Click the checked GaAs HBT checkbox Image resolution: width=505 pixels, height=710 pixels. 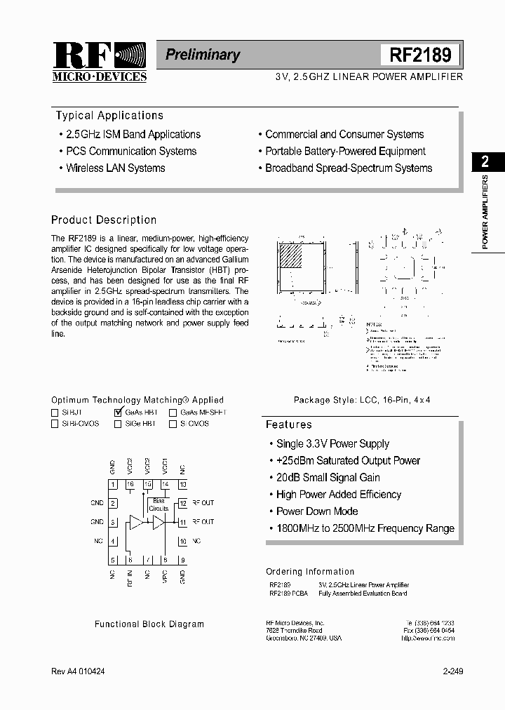[x=118, y=413]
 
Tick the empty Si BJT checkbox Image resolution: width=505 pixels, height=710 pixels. [x=55, y=413]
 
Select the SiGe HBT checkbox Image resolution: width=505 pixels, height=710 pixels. [x=118, y=424]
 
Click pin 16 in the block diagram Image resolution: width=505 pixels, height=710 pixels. [x=130, y=484]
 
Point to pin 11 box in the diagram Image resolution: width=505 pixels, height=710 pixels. [x=182, y=522]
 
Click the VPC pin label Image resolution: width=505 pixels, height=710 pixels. [x=165, y=577]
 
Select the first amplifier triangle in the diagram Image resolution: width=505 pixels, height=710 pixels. [x=136, y=522]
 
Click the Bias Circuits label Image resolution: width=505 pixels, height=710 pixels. [x=159, y=504]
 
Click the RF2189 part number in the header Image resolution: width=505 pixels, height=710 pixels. [x=419, y=55]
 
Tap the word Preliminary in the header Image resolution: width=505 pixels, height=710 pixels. [x=203, y=55]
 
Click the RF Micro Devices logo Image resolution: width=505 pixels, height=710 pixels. [x=99, y=62]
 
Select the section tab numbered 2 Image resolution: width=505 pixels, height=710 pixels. [x=485, y=162]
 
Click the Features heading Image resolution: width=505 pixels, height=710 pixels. [x=288, y=424]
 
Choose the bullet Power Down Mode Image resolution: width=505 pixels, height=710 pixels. [x=317, y=511]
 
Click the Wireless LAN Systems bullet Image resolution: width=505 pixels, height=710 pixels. [x=115, y=168]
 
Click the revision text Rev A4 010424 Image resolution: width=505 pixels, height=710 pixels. [x=79, y=671]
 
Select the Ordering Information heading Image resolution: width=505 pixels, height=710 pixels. [x=310, y=572]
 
